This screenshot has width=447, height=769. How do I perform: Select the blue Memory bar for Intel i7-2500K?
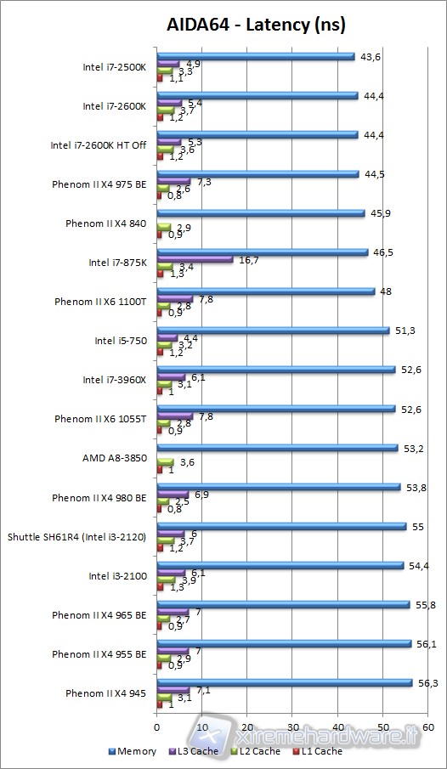(x=255, y=57)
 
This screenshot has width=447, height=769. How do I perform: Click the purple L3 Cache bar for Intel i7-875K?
(x=195, y=259)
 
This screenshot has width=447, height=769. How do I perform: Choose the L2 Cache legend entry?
(x=257, y=751)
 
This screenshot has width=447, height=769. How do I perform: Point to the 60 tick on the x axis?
(x=427, y=728)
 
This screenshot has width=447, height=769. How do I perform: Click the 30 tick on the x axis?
(x=292, y=728)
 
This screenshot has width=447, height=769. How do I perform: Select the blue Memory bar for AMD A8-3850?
(x=277, y=447)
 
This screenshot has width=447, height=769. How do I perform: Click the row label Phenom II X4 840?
(x=106, y=223)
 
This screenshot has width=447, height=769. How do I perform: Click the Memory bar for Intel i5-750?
(x=273, y=330)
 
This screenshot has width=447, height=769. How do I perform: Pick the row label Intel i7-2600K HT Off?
(x=99, y=145)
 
